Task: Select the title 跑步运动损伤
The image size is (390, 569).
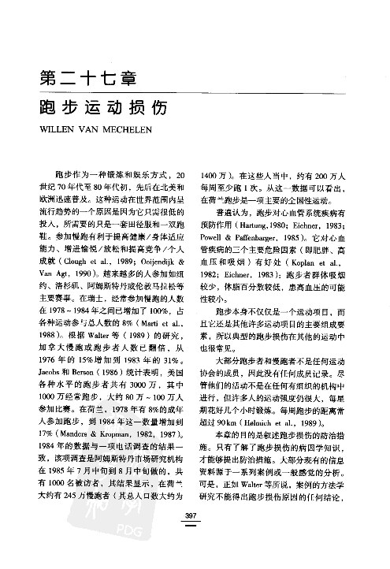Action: [105, 110]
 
